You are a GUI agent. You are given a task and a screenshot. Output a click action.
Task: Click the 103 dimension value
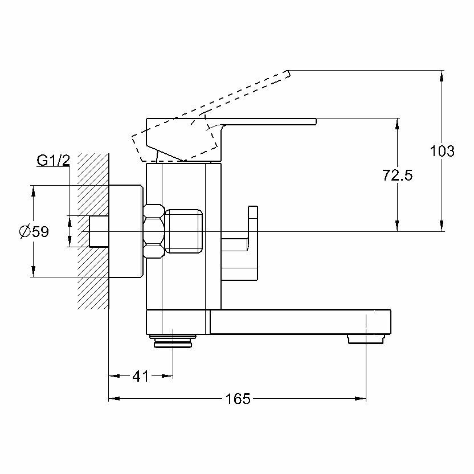point(443,151)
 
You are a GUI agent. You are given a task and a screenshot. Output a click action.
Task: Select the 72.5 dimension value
point(397,175)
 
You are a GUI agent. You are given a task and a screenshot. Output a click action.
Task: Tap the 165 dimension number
point(238,399)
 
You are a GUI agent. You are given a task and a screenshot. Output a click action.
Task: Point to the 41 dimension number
point(140,376)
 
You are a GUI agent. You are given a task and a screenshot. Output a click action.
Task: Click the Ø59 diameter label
point(34,231)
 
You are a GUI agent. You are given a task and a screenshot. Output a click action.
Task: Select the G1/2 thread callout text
point(53,161)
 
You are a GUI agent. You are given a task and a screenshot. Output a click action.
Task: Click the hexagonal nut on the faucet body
point(154,232)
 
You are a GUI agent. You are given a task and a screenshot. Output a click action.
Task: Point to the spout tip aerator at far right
point(365,340)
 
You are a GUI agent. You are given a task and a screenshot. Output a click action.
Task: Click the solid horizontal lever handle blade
point(268,121)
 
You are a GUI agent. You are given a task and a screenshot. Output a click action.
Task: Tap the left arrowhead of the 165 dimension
point(112,399)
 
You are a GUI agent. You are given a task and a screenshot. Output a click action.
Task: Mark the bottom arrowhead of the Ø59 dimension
point(34,273)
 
